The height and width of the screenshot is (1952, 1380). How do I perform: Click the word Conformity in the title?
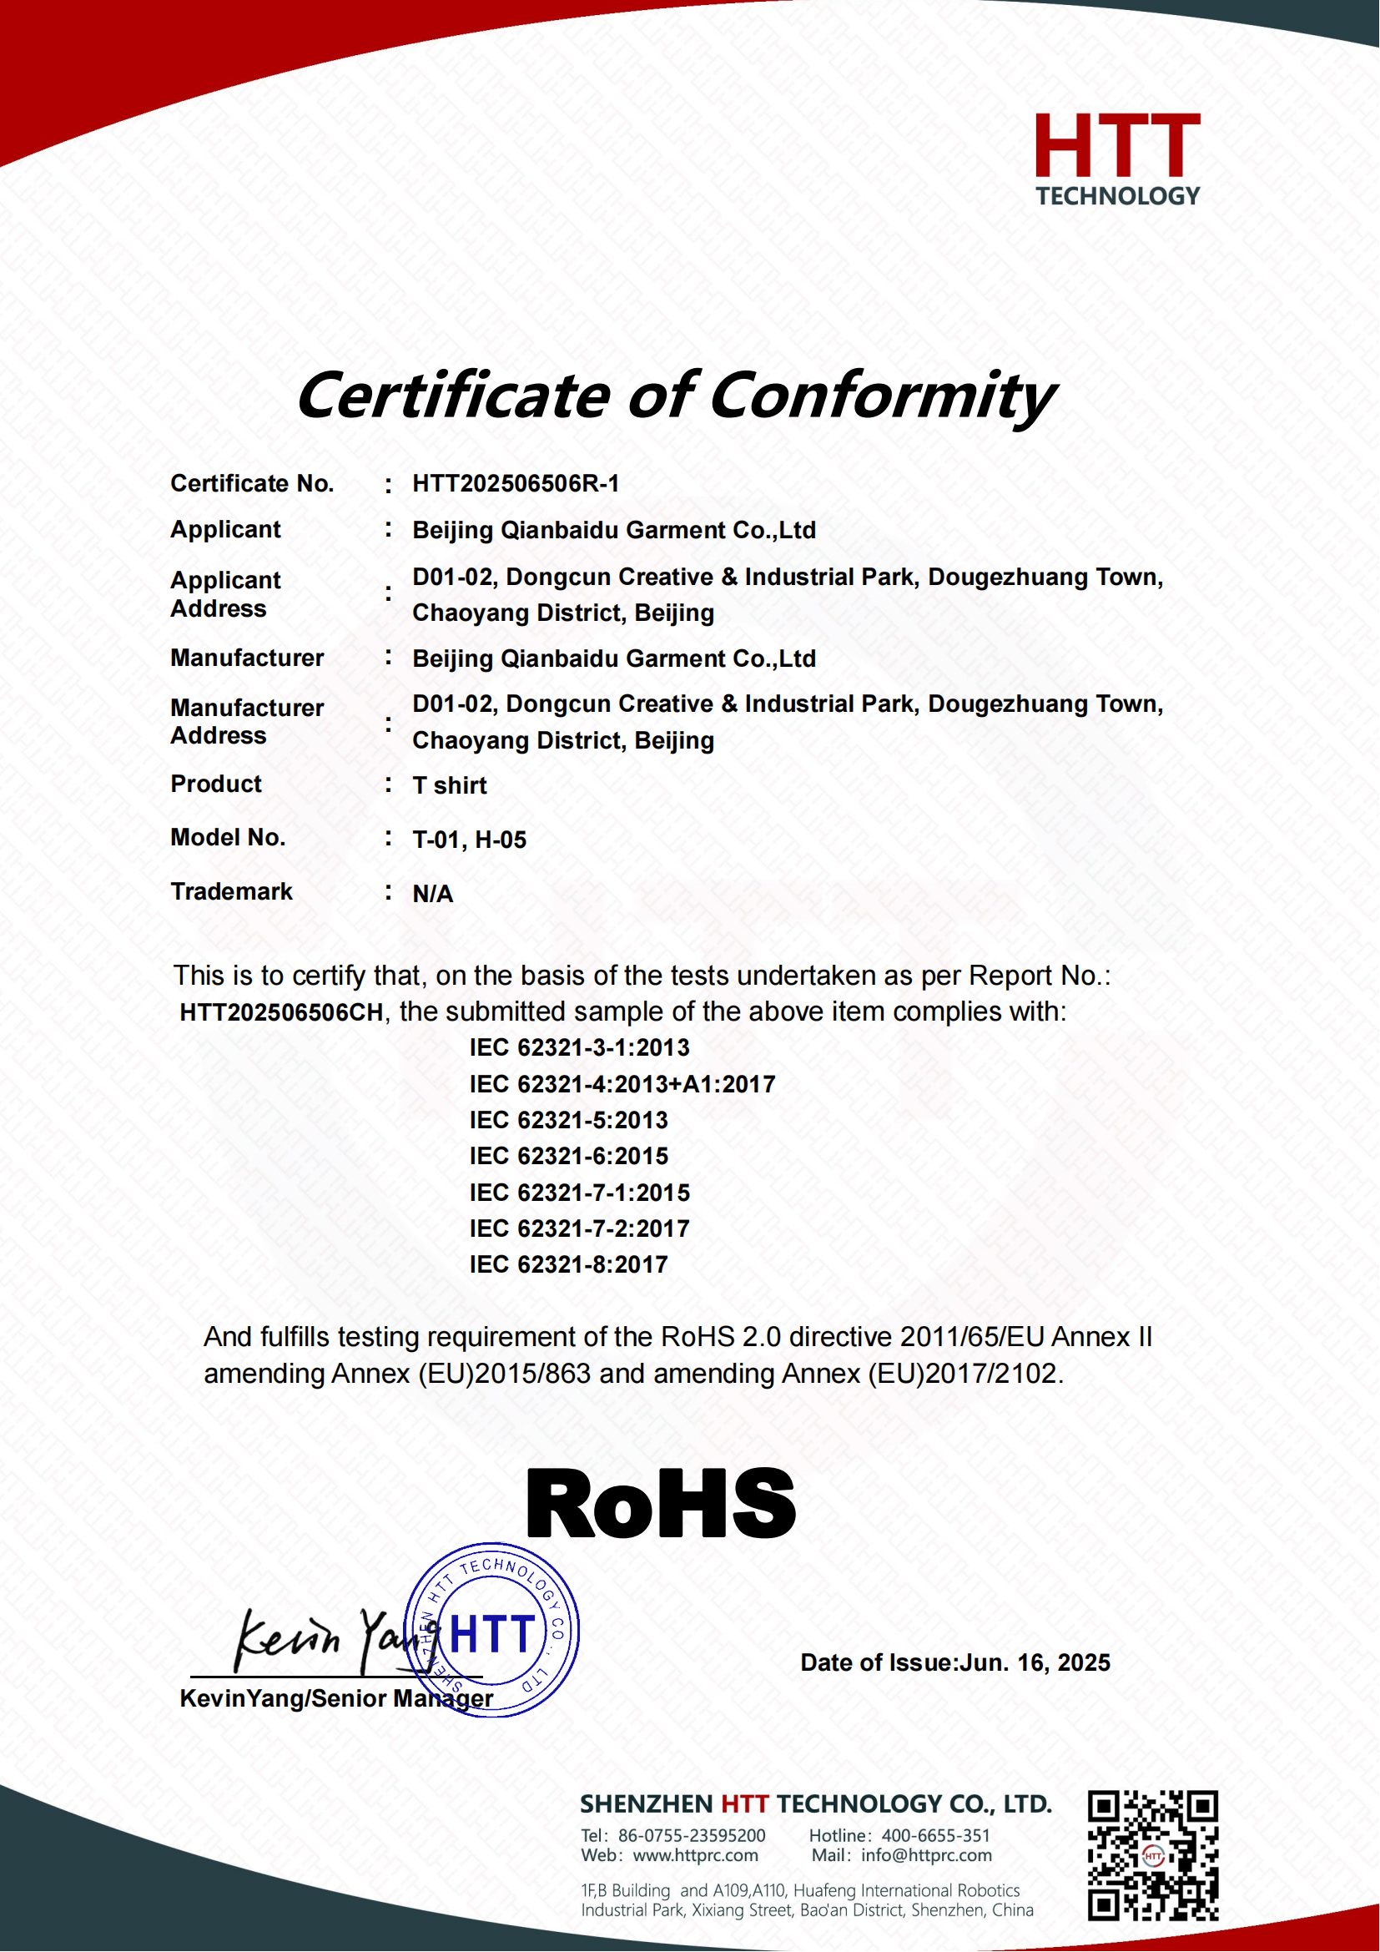(882, 396)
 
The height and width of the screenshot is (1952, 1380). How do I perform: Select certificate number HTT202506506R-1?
(516, 484)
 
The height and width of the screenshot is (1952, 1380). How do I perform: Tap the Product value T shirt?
(450, 785)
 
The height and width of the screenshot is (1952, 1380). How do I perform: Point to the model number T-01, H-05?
(469, 840)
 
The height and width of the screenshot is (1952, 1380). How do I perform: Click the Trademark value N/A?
(432, 894)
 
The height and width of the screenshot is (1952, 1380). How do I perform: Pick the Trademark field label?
(231, 891)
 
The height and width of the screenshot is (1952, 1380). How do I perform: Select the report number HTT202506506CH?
(281, 1011)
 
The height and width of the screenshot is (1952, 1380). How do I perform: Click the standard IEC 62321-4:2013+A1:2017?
(622, 1084)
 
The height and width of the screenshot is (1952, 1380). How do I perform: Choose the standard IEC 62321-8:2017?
(568, 1264)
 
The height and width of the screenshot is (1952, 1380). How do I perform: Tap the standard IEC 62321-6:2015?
(568, 1156)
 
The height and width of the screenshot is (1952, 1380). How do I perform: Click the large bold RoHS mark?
(661, 1504)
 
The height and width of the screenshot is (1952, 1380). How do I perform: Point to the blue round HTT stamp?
(493, 1631)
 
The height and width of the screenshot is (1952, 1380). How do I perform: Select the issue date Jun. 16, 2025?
(1034, 1662)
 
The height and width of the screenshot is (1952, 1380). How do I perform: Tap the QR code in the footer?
(1152, 1855)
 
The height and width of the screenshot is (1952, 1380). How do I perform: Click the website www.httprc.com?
(695, 1855)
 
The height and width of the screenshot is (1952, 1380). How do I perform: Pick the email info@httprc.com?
(926, 1855)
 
